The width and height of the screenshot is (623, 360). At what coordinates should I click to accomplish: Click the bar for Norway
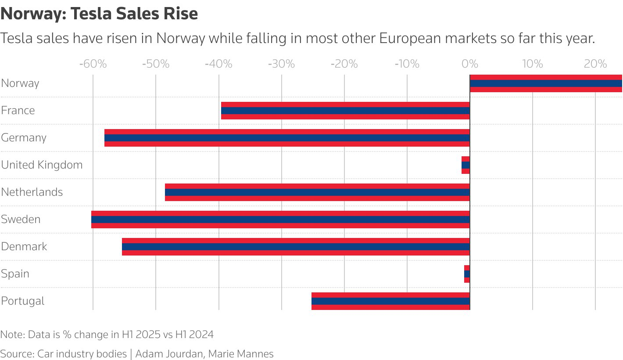(x=546, y=83)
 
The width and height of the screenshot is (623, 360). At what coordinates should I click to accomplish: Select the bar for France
(x=345, y=111)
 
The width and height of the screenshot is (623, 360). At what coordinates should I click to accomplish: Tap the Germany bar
(x=287, y=138)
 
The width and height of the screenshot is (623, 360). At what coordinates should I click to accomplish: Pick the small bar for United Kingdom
(x=465, y=165)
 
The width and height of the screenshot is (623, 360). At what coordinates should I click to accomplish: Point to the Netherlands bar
(x=317, y=192)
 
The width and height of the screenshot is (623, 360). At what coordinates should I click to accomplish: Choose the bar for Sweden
(x=280, y=220)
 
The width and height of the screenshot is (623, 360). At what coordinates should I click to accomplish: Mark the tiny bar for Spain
(x=467, y=274)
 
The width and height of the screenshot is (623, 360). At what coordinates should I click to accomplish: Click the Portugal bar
(x=390, y=301)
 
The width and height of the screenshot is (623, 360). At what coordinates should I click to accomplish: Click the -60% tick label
(x=93, y=64)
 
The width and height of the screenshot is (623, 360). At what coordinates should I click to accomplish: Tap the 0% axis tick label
(x=470, y=64)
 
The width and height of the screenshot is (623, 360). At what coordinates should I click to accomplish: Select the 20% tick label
(x=595, y=64)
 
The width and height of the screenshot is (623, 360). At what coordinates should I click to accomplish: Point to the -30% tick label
(x=281, y=64)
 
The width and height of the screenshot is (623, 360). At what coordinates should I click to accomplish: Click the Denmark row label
(x=24, y=246)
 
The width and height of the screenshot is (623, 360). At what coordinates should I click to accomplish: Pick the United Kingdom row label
(x=42, y=165)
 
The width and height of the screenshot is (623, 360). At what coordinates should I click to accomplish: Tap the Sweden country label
(x=21, y=219)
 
